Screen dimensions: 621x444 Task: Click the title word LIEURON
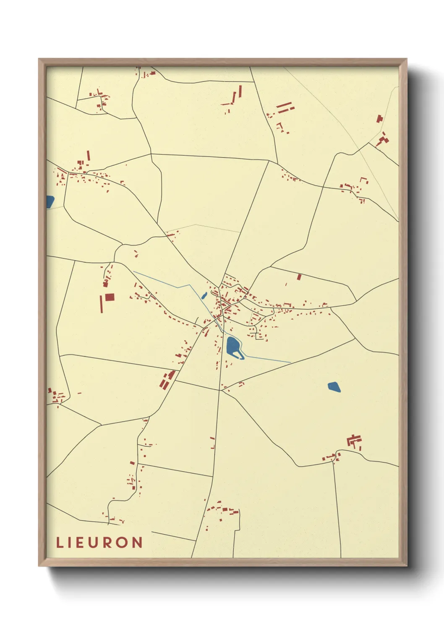tap(99, 543)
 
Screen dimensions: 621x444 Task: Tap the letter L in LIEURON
tap(59, 543)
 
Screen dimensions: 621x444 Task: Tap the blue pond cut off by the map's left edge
tap(50, 202)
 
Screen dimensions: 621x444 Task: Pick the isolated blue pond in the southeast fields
tap(334, 387)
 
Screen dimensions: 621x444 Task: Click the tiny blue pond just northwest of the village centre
tap(204, 296)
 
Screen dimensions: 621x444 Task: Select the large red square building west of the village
tap(110, 297)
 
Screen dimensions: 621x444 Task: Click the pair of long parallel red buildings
tap(285, 107)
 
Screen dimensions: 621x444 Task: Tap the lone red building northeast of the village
tap(299, 277)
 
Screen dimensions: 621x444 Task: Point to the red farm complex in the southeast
tap(354, 441)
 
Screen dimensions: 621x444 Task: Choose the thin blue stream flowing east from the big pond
tap(269, 359)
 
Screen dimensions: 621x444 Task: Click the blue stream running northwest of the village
tap(168, 283)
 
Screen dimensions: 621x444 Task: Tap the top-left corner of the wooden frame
tap(39, 60)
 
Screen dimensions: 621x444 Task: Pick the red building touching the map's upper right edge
tap(380, 119)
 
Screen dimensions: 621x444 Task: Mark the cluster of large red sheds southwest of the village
tap(167, 379)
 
